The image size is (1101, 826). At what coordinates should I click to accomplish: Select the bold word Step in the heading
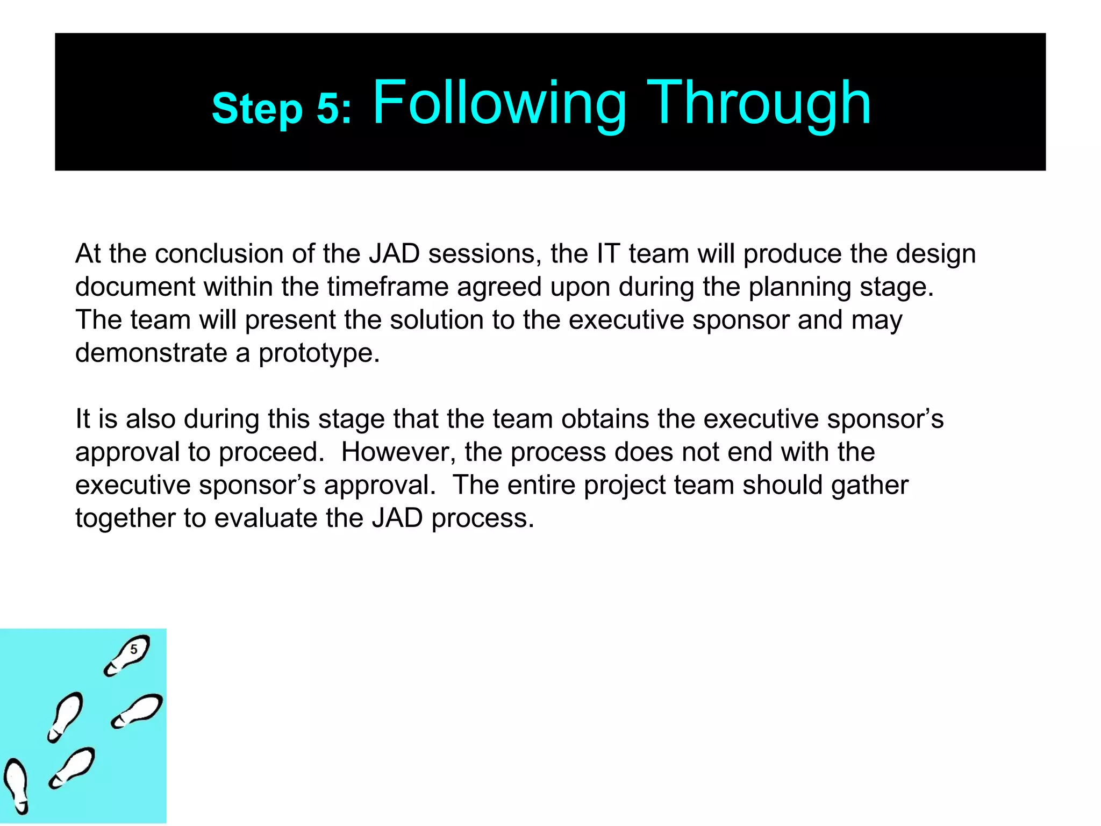257,109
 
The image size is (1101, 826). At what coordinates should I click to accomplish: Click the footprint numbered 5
127,654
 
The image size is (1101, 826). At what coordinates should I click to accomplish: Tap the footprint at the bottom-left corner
16,786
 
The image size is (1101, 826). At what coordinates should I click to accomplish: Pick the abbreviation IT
609,254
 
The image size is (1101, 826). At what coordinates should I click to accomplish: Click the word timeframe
388,287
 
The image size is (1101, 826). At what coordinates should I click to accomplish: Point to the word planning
799,287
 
